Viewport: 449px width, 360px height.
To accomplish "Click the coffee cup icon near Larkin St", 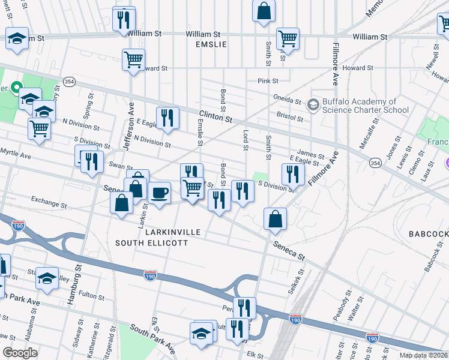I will [x=159, y=193].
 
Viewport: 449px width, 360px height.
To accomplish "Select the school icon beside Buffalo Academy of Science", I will [x=313, y=105].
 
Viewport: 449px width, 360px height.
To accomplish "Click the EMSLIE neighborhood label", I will [x=209, y=45].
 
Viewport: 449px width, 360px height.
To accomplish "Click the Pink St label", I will [x=268, y=81].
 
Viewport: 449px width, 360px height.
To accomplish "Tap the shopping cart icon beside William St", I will [x=288, y=38].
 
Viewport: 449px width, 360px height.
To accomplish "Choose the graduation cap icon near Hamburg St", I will [x=47, y=278].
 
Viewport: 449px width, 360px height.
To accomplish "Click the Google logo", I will [x=20, y=353].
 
